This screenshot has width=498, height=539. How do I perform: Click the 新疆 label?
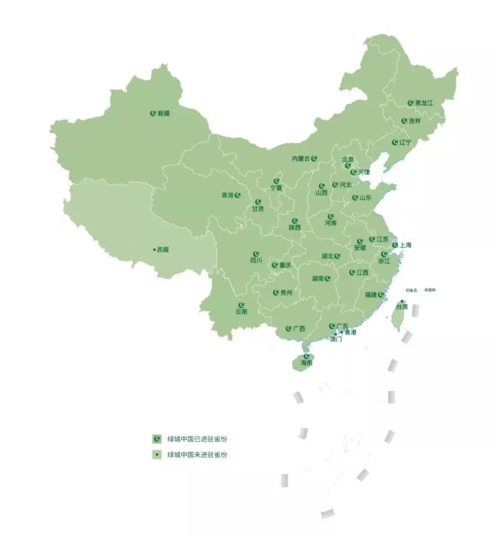point(164,113)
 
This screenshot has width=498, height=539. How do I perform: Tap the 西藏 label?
point(163,250)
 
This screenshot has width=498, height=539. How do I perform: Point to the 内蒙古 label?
point(301,159)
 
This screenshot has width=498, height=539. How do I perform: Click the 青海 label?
point(227,195)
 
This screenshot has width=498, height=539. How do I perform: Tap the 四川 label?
point(256,260)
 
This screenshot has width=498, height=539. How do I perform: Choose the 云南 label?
point(241,312)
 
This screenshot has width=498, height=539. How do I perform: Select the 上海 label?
point(405,245)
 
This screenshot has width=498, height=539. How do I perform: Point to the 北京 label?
point(347,159)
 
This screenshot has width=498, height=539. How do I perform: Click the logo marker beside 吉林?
point(404,121)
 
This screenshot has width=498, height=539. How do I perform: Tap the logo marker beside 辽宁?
point(395,142)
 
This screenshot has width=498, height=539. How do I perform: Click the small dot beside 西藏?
point(154,250)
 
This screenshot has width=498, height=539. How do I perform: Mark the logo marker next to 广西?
point(288,329)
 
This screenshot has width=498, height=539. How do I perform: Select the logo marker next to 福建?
point(381,294)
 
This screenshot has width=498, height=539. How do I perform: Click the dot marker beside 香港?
point(341,332)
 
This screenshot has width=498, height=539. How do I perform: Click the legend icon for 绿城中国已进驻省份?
point(157,439)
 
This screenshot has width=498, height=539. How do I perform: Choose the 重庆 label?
point(285,265)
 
